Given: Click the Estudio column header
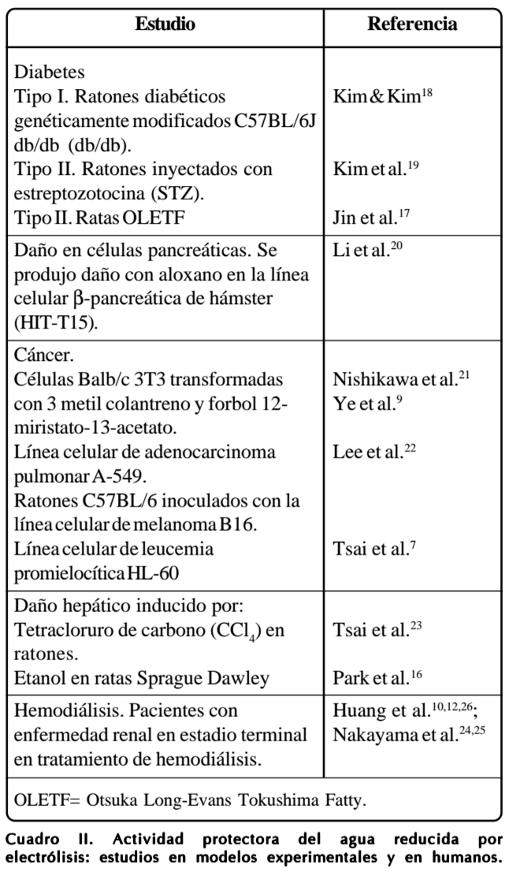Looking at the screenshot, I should click(x=165, y=24).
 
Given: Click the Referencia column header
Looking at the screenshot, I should click(x=411, y=24).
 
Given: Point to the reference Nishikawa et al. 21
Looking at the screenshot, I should click(x=402, y=378).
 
